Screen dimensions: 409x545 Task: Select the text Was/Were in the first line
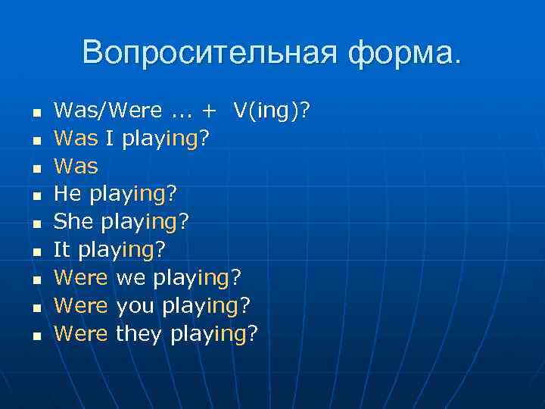coord(107,111)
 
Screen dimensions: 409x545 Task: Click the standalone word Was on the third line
coord(76,166)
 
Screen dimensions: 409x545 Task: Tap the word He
coord(67,194)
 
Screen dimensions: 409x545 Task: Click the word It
coord(61,249)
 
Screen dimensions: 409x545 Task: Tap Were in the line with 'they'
coord(81,333)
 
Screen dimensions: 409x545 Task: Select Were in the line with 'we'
coord(81,277)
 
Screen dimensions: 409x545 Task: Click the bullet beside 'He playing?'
coord(35,195)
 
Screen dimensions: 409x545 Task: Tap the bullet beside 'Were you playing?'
coord(35,306)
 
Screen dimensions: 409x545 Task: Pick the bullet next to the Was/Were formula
coord(35,112)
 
